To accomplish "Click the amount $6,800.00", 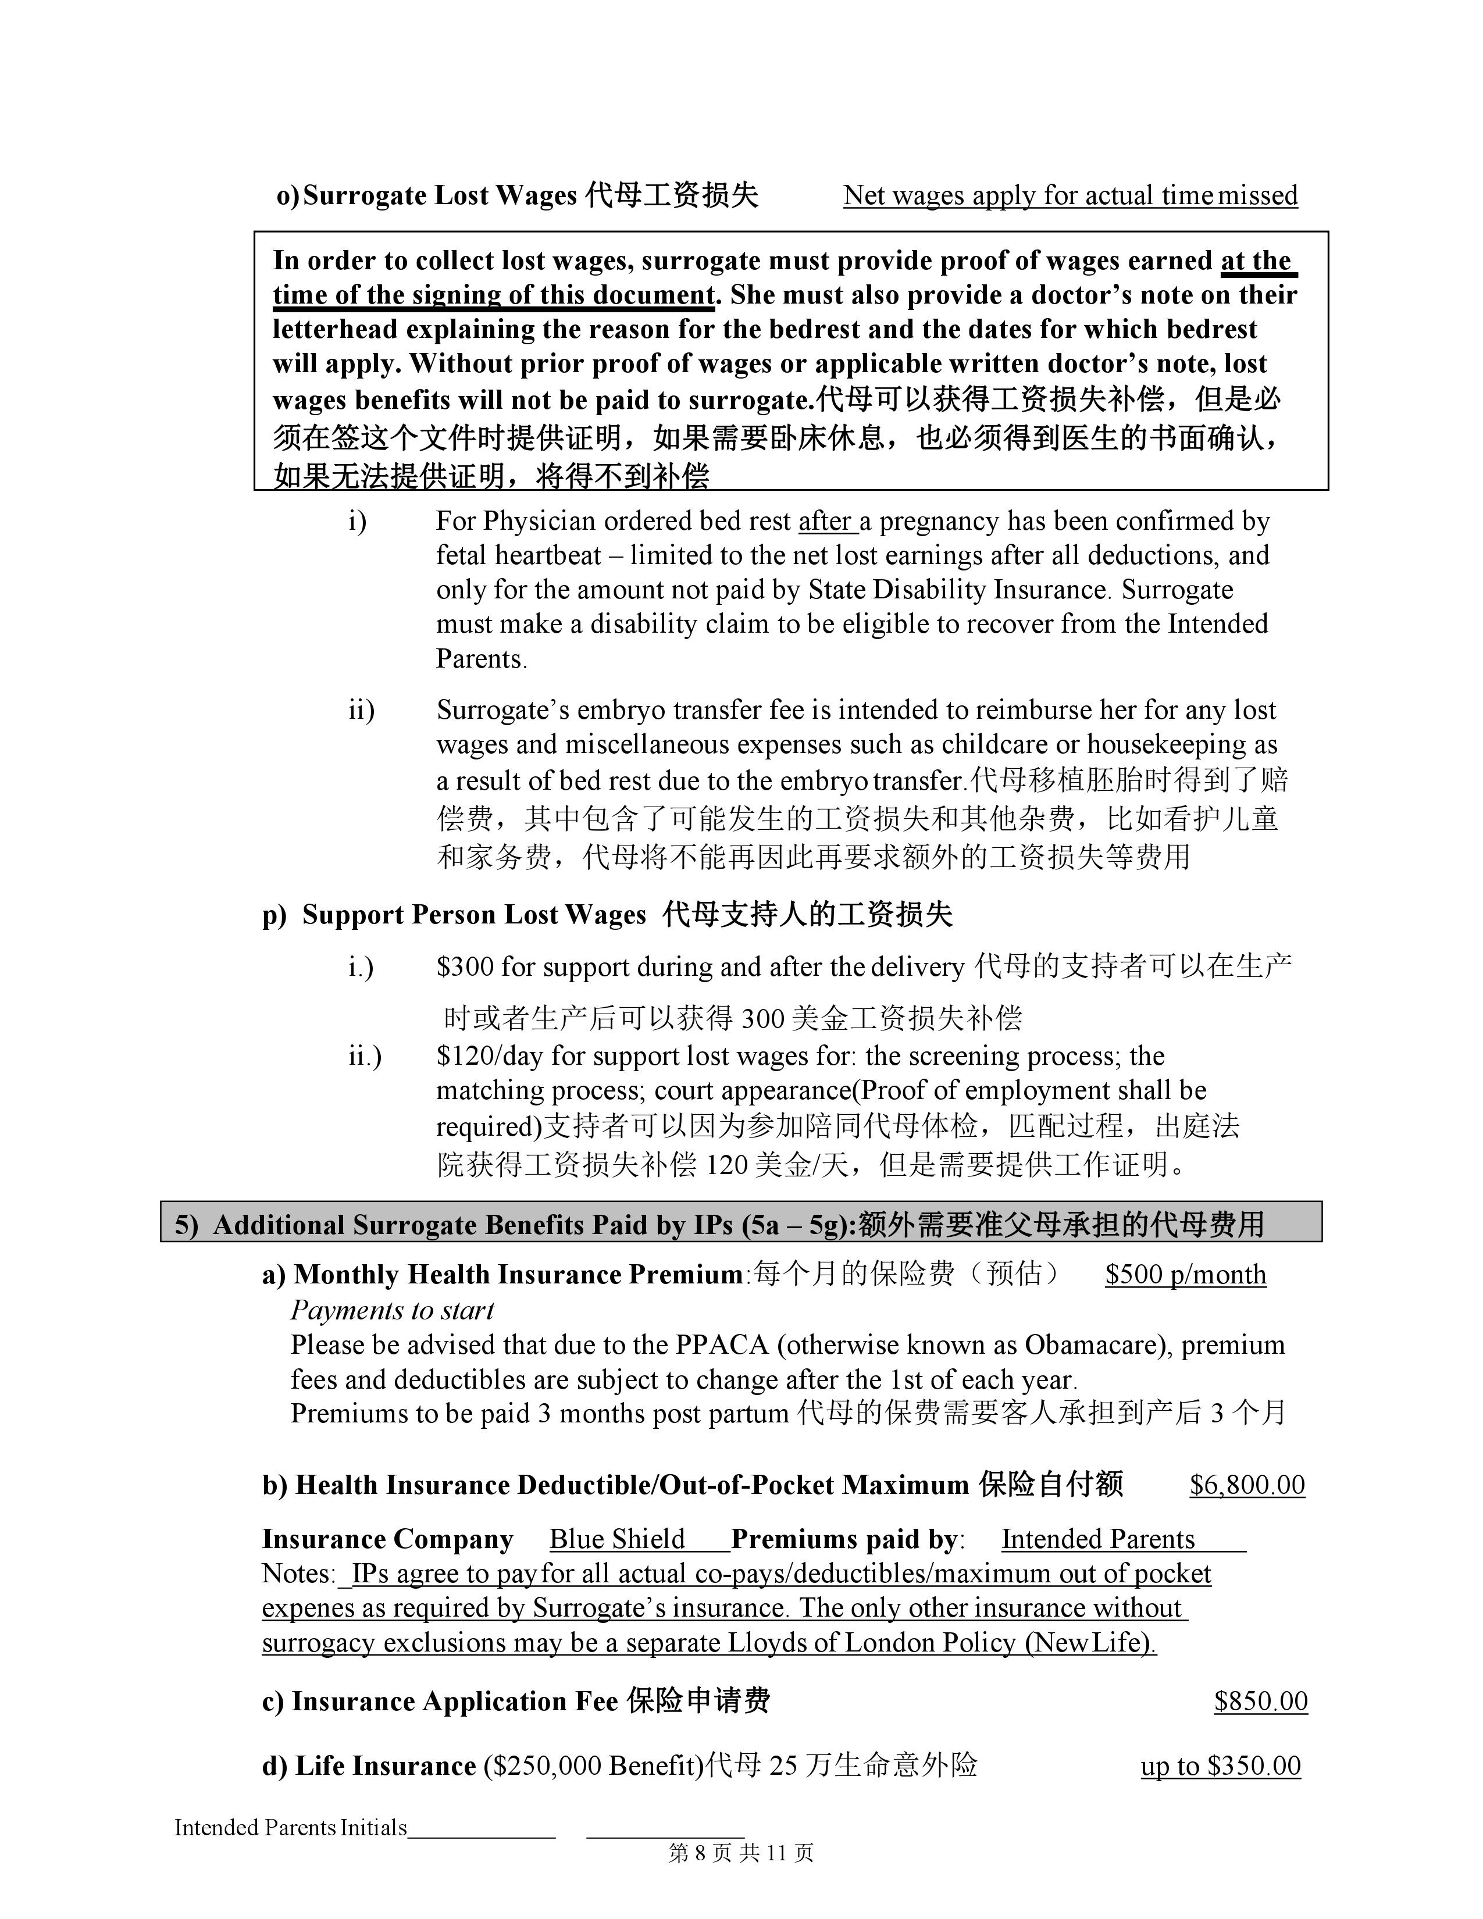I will coord(1247,1485).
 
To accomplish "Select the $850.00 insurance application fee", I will coord(1261,1701).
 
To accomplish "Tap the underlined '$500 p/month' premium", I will coord(1185,1274).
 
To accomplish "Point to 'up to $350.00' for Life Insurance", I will coord(1220,1765).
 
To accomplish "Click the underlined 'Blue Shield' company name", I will coord(616,1539).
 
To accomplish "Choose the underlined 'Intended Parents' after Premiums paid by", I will coord(1097,1539).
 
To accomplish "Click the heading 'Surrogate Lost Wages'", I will coord(439,195).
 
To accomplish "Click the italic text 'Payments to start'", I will coord(392,1310).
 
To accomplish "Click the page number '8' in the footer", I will coord(700,1853).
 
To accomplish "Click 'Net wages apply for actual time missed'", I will coord(1070,195).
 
